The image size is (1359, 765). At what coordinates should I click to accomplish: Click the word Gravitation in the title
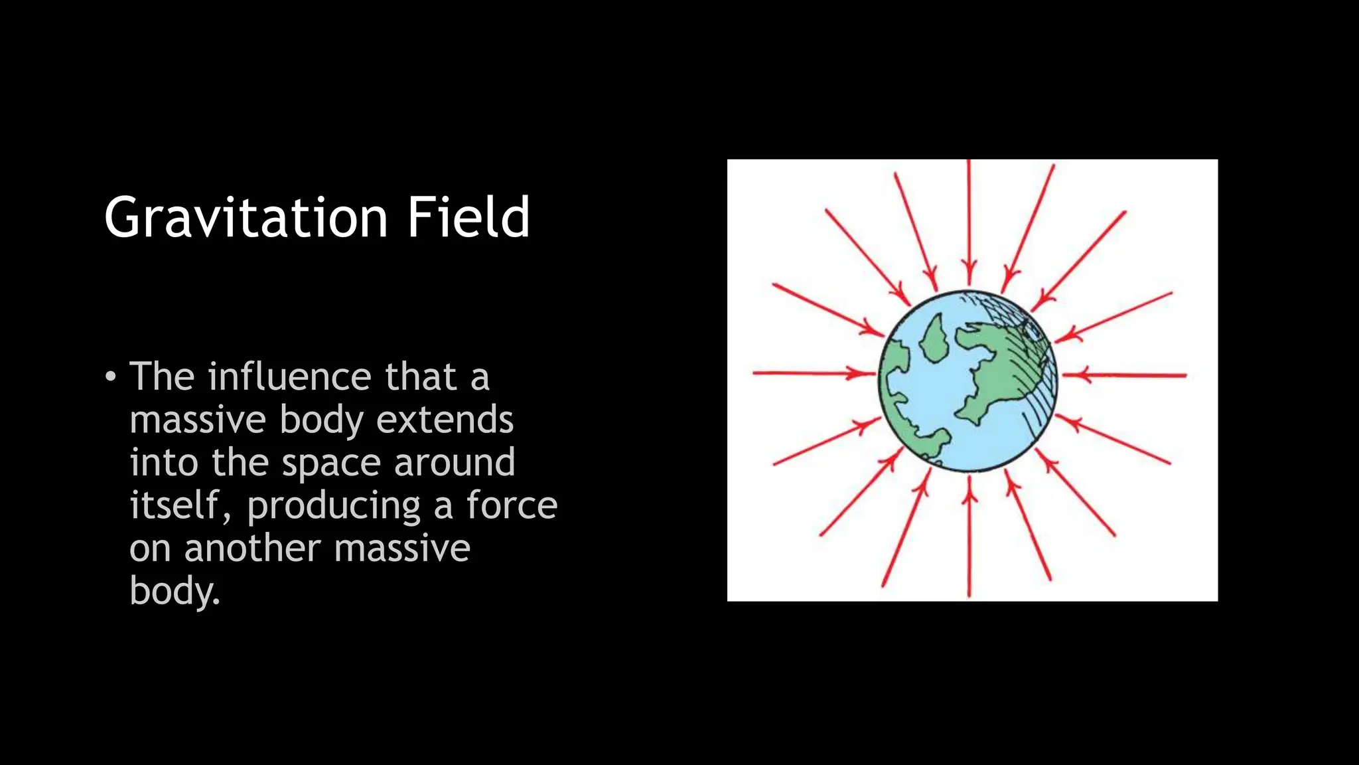tap(246, 218)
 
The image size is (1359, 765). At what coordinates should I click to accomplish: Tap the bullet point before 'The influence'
tap(111, 377)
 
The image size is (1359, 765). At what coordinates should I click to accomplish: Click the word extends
tap(445, 420)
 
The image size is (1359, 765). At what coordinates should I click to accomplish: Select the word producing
tap(334, 506)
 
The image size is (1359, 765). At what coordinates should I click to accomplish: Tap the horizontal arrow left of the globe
tap(813, 373)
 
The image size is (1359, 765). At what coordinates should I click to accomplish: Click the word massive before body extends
tap(197, 420)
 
